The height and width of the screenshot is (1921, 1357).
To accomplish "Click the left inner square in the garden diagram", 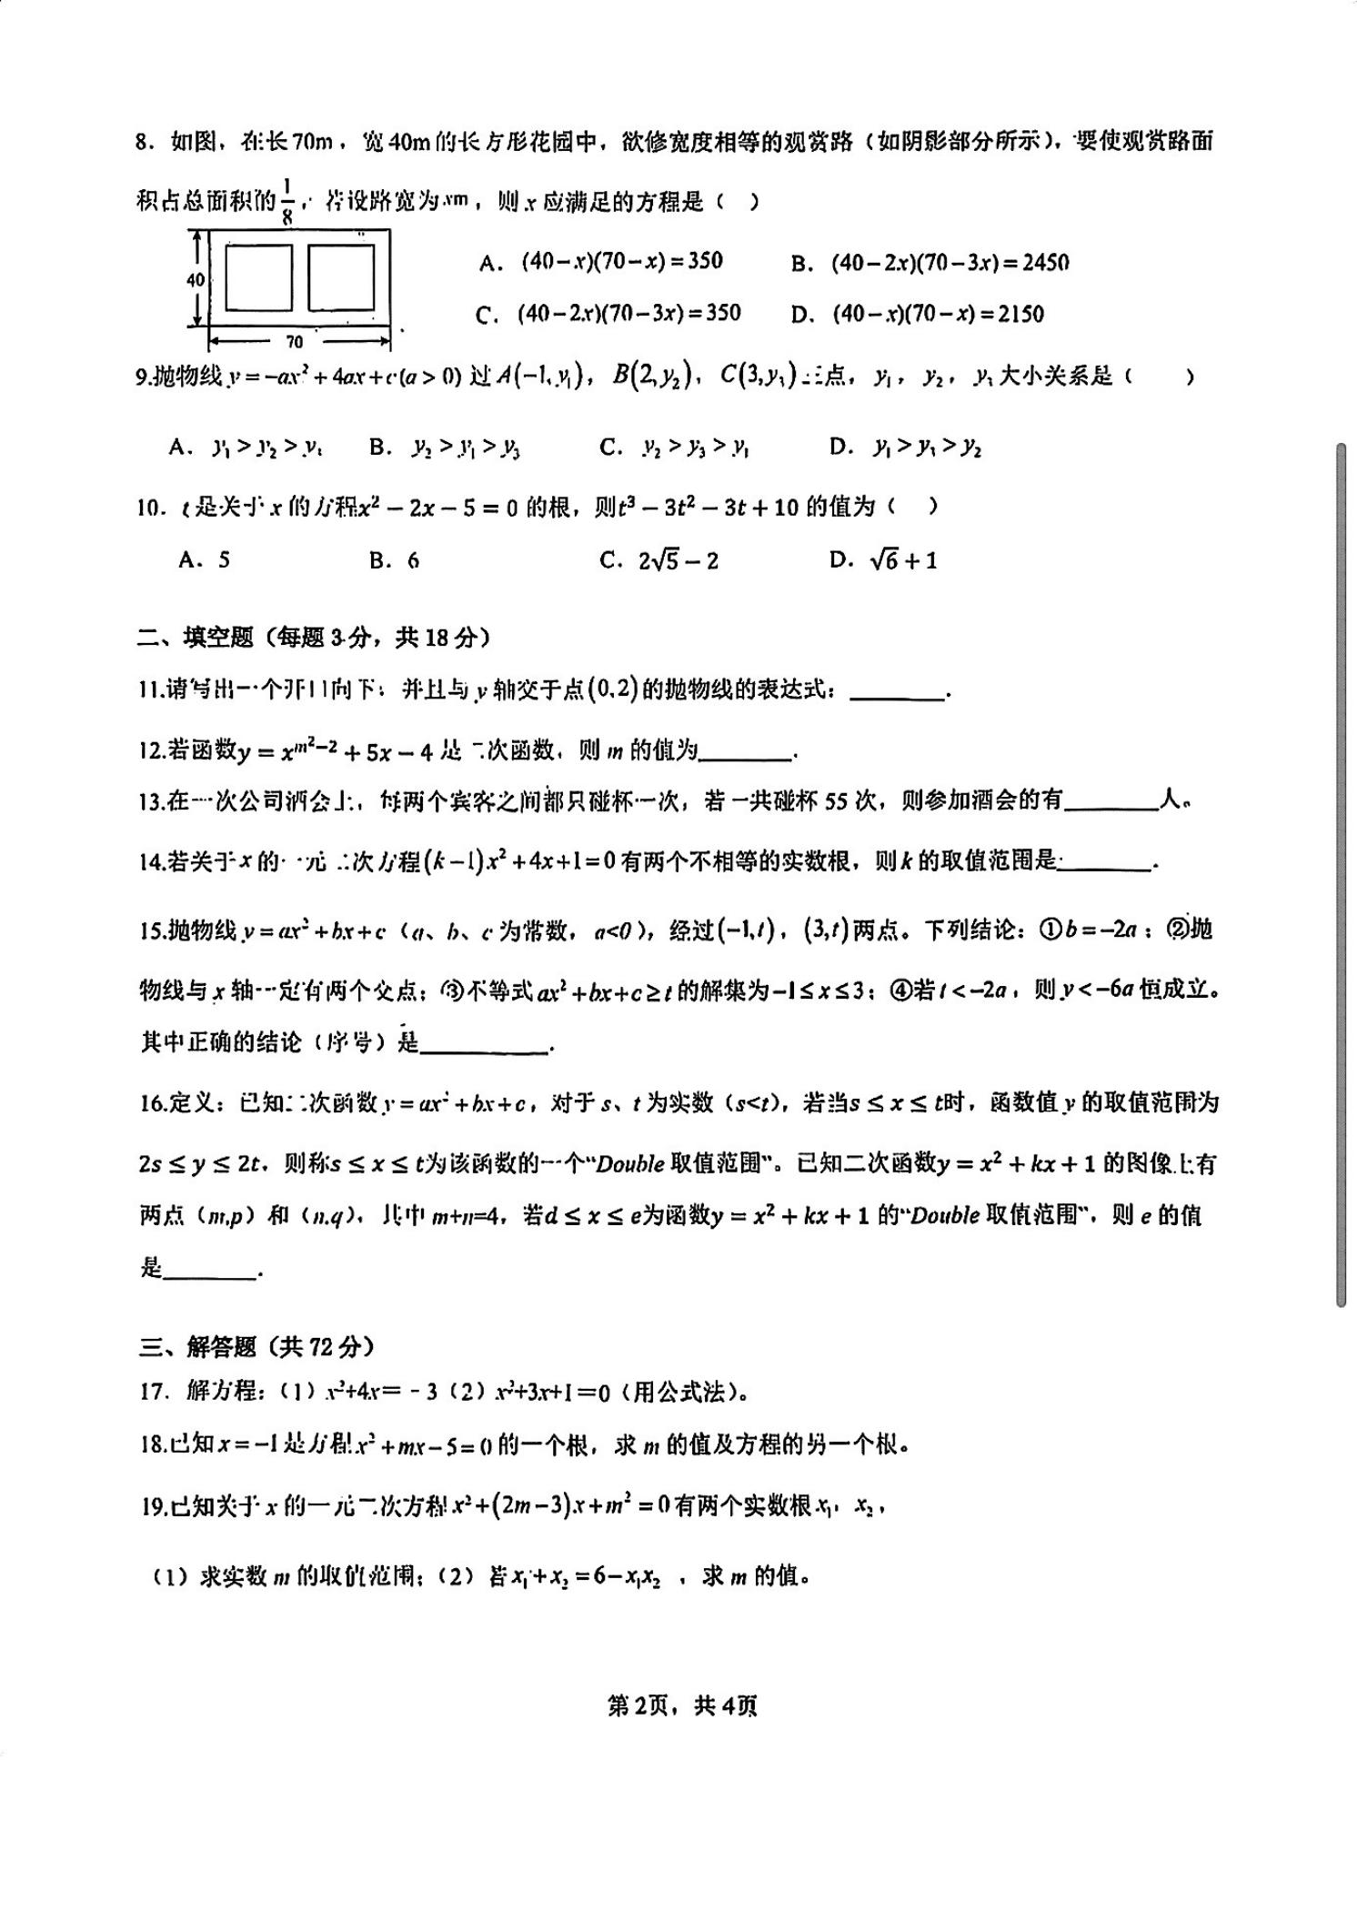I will pos(258,277).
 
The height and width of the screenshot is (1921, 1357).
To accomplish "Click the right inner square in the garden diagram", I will pos(341,277).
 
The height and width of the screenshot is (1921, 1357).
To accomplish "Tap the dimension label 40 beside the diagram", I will pos(196,280).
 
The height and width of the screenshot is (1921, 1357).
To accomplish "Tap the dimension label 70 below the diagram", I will pos(294,342).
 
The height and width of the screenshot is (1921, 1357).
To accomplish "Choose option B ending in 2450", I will pos(950,263).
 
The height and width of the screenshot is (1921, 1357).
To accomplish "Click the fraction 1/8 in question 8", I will pos(288,200).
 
